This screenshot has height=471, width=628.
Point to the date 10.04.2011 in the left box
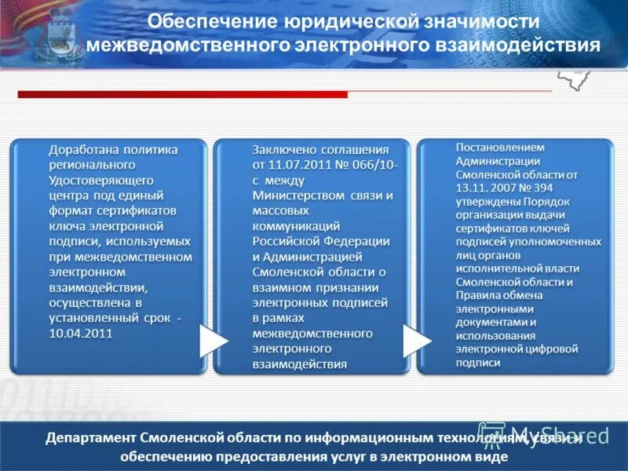pos(81,333)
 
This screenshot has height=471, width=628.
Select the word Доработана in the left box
pos(80,149)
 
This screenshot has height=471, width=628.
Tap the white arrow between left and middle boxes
pos(212,340)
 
